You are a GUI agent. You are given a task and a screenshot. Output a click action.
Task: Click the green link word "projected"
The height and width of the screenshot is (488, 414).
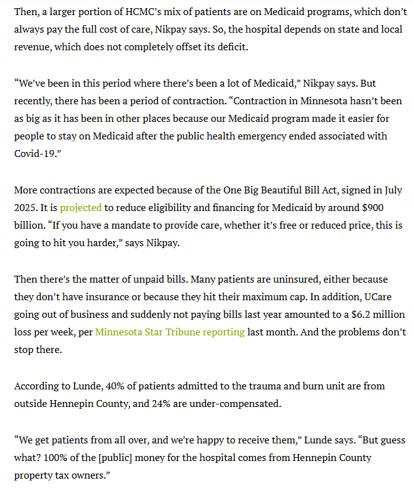point(80,207)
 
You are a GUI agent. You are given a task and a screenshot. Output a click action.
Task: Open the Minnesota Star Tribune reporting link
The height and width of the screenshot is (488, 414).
point(169,332)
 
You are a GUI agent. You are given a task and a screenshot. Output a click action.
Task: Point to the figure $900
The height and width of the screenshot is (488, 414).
point(387,207)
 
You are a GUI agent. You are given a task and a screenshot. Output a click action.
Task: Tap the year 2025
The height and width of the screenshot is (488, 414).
point(26,207)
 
